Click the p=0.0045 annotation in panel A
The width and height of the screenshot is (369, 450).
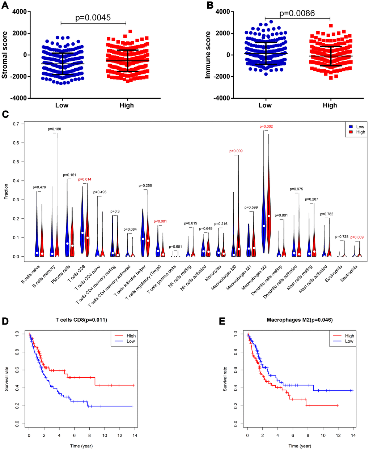[93, 17]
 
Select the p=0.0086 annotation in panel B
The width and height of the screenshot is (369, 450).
[297, 13]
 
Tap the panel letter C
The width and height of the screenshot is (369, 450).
[5, 115]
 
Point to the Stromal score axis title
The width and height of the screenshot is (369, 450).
[5, 55]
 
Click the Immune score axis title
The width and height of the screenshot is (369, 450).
[208, 55]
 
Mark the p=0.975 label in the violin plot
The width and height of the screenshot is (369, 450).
[296, 189]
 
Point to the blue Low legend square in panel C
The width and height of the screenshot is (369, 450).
[351, 127]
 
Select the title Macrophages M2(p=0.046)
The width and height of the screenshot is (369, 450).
[300, 320]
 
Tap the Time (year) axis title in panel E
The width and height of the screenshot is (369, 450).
[300, 446]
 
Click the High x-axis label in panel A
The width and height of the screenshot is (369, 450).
[126, 105]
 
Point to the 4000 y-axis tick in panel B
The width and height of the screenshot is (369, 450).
[223, 12]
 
